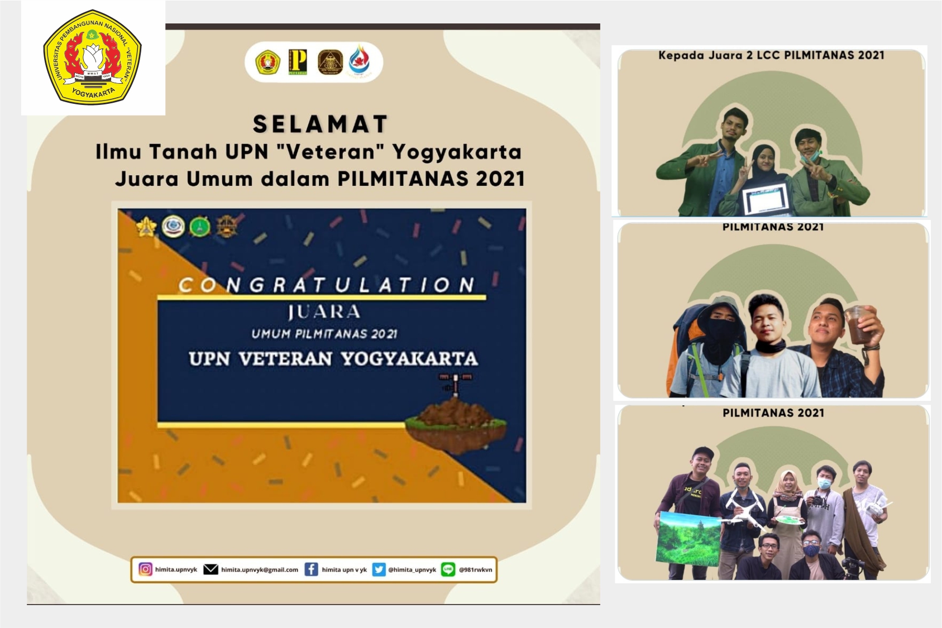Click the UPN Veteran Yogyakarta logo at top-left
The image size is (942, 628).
point(93,58)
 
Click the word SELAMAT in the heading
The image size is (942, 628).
point(320,124)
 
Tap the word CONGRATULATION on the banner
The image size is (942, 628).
point(327,285)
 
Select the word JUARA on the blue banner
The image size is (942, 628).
point(324,311)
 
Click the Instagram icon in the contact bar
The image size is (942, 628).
point(145,569)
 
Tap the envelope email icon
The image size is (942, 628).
point(211,569)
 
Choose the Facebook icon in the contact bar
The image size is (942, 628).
point(311,569)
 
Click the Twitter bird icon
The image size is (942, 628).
point(379,569)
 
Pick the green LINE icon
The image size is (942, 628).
point(448,569)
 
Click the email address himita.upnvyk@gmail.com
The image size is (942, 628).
point(260,570)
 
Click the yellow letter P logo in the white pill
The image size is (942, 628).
point(298,62)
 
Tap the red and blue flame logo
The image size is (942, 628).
point(359,61)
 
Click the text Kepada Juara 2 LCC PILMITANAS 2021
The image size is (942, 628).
point(771,55)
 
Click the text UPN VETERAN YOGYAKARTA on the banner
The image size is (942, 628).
point(333,358)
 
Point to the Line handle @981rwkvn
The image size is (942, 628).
point(476,570)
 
